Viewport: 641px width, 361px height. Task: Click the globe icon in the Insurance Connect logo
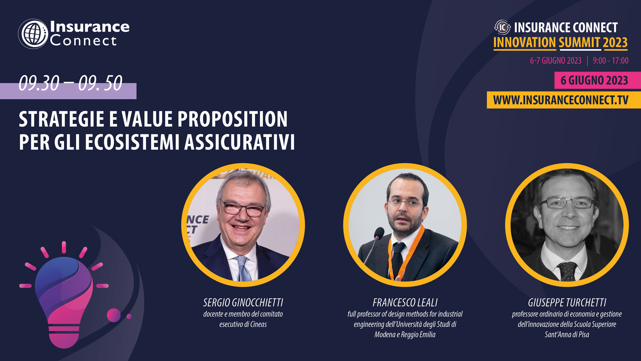pyautogui.click(x=33, y=34)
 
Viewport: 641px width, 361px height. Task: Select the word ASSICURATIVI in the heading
pyautogui.click(x=239, y=142)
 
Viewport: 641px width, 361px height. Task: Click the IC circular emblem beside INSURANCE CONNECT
pyautogui.click(x=502, y=27)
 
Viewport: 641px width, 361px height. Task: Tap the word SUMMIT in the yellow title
pyautogui.click(x=579, y=43)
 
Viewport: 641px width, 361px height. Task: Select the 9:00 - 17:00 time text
pyautogui.click(x=611, y=61)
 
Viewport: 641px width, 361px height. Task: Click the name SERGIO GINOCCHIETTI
pyautogui.click(x=243, y=303)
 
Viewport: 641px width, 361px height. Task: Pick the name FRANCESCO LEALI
pyautogui.click(x=405, y=303)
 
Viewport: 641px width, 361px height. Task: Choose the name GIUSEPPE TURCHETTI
pyautogui.click(x=567, y=303)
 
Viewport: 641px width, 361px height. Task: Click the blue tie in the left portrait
pyautogui.click(x=243, y=269)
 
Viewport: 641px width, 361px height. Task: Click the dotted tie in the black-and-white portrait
pyautogui.click(x=567, y=271)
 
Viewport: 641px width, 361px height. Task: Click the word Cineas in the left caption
pyautogui.click(x=258, y=324)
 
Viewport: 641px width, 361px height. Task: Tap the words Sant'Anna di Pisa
pyautogui.click(x=567, y=335)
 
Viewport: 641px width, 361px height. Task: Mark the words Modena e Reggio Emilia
pyautogui.click(x=405, y=335)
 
